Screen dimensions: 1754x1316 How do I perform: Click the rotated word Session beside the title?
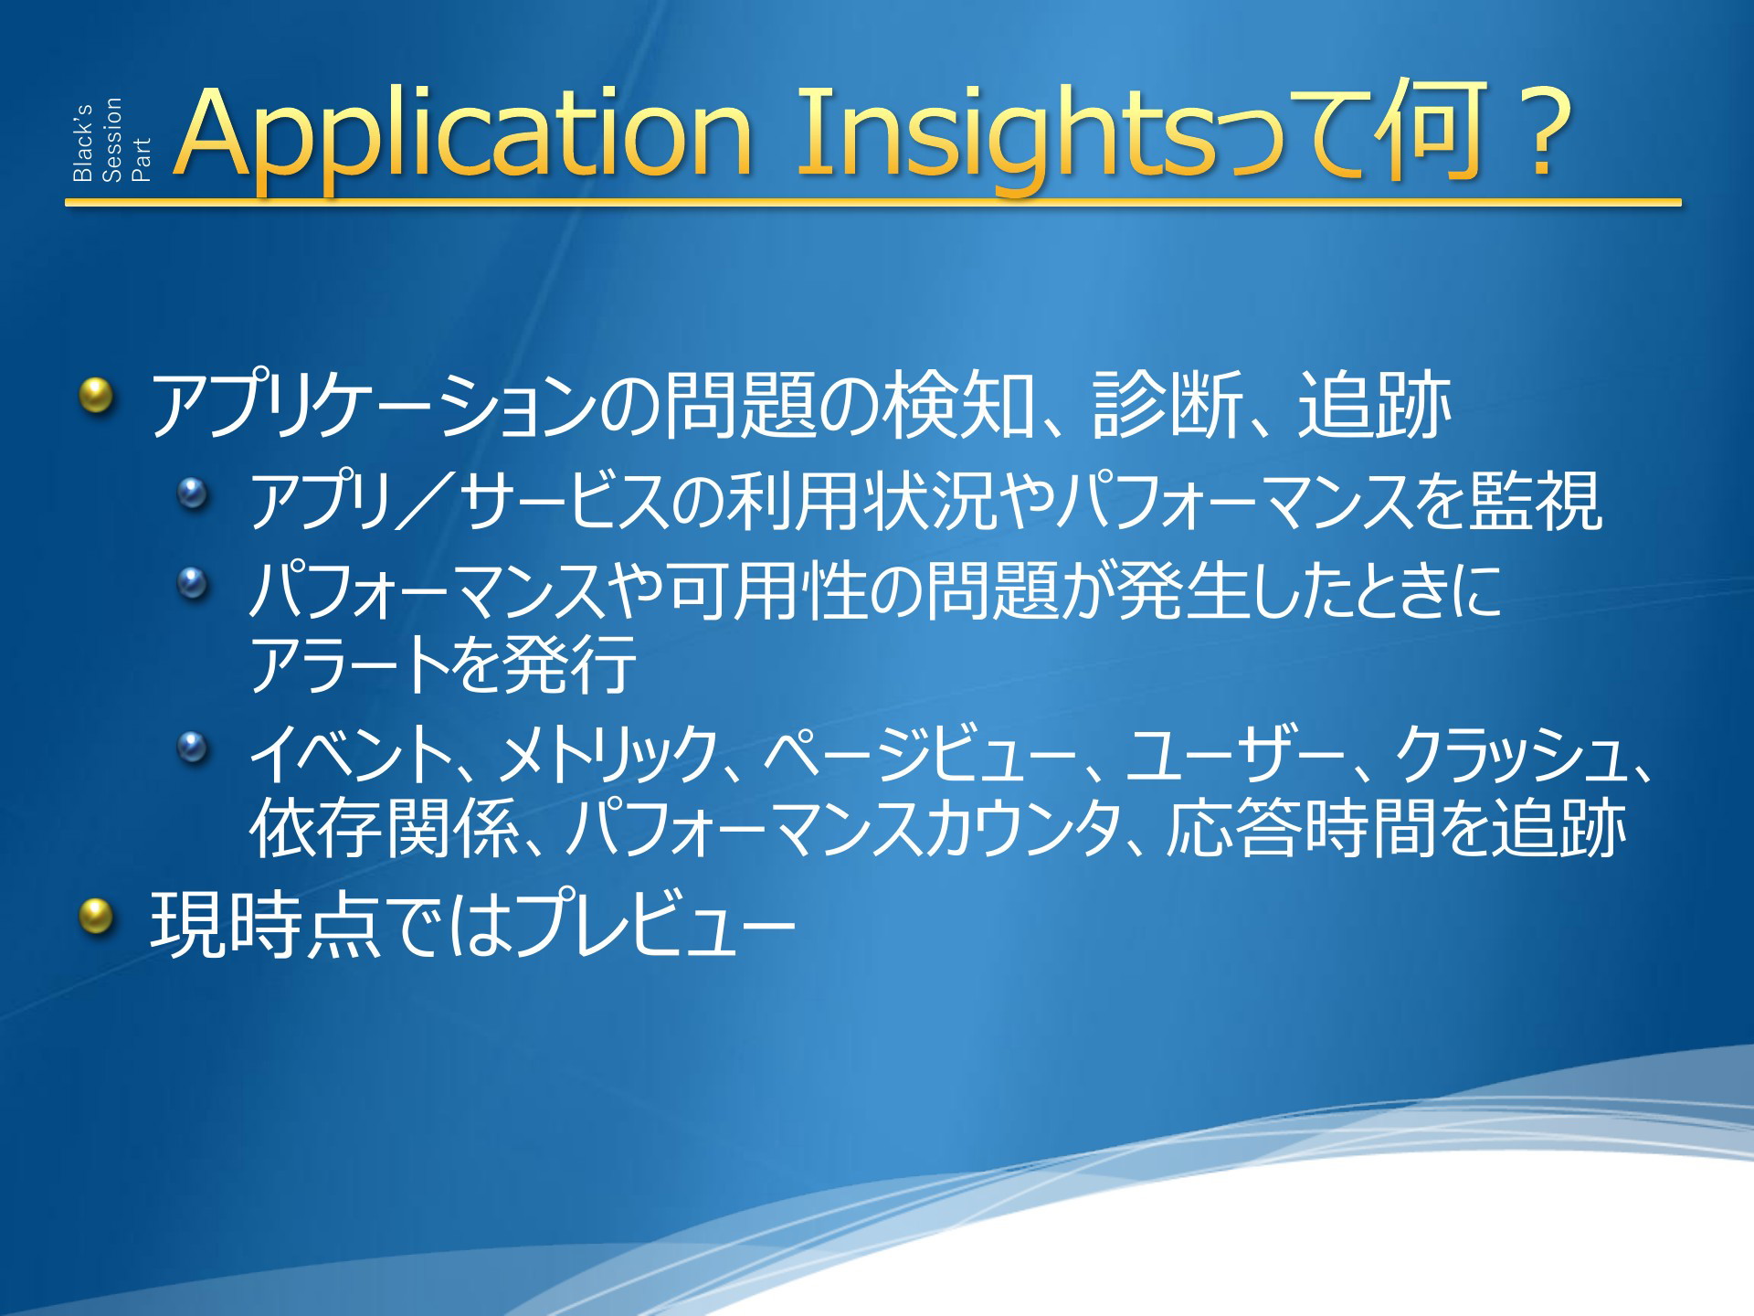(x=111, y=140)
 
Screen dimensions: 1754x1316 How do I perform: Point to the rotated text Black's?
(x=82, y=143)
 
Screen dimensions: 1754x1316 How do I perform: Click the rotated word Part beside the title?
(x=141, y=160)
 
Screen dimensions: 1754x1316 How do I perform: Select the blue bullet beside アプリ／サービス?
(x=193, y=495)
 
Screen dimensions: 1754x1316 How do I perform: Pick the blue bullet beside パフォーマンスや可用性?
(x=193, y=582)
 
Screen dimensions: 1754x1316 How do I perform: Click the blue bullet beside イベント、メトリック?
(x=193, y=747)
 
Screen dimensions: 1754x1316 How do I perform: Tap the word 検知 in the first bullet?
(x=957, y=404)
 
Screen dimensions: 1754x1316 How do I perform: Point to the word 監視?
(x=1535, y=500)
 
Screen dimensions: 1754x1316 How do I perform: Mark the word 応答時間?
(x=1302, y=829)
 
